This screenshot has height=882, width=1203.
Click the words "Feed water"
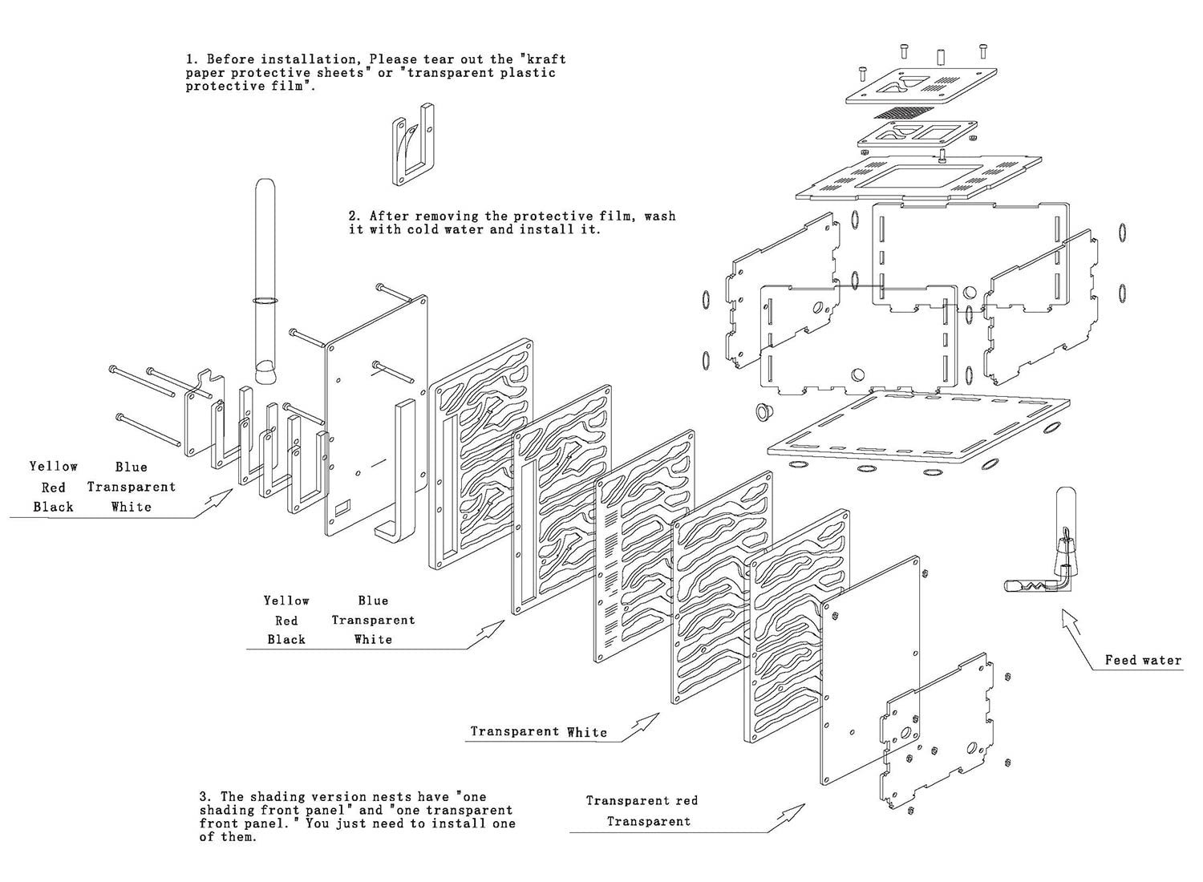tap(1143, 660)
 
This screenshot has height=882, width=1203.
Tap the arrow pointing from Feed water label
tap(1071, 625)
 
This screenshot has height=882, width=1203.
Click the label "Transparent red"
tap(642, 800)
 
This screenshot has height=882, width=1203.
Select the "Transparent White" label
tap(539, 732)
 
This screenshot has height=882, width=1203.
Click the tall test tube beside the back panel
tap(265, 281)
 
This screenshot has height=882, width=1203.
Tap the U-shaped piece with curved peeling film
tap(412, 145)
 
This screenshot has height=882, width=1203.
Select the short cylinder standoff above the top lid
tap(941, 58)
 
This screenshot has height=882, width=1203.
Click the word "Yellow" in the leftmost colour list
tap(54, 467)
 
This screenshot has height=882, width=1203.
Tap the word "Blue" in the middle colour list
tap(373, 601)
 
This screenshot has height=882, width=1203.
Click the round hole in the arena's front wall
tap(857, 374)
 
